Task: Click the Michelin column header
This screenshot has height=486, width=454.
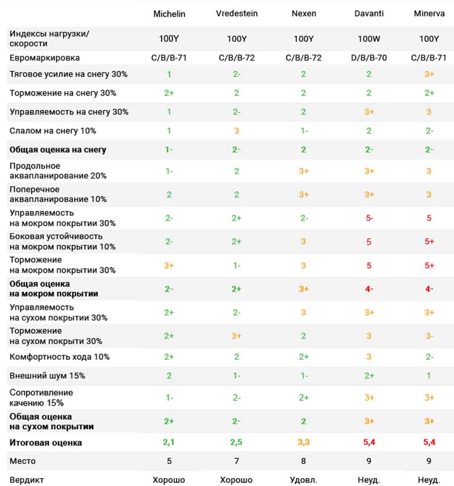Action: [x=169, y=14]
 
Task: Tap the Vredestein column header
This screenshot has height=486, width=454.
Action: [x=237, y=13]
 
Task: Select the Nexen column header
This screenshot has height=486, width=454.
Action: [x=304, y=13]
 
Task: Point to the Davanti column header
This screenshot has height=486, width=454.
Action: [x=369, y=13]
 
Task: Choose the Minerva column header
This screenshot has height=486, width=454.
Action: [x=429, y=13]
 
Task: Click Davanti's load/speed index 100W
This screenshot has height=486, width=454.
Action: [x=369, y=39]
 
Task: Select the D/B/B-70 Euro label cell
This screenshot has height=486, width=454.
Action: [x=369, y=57]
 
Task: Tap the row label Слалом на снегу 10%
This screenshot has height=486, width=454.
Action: [x=53, y=131]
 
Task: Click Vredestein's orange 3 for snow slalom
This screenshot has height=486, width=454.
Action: [x=237, y=131]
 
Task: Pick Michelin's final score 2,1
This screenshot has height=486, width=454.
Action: [x=169, y=442]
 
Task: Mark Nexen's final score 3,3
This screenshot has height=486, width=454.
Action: [x=304, y=442]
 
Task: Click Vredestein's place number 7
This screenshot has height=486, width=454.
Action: [x=237, y=461]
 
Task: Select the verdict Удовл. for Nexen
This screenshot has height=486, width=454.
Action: [x=303, y=480]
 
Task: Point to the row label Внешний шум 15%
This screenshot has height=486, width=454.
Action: [x=47, y=375]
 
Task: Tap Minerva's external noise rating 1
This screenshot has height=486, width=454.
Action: [x=429, y=375]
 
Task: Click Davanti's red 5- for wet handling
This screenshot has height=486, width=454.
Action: [x=369, y=218]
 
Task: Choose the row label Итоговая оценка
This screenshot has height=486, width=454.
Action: [x=45, y=442]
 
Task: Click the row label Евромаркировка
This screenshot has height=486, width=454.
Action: [x=45, y=58]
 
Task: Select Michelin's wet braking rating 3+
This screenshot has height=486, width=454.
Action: [x=169, y=265]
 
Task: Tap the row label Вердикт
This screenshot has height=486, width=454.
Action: [x=27, y=480]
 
